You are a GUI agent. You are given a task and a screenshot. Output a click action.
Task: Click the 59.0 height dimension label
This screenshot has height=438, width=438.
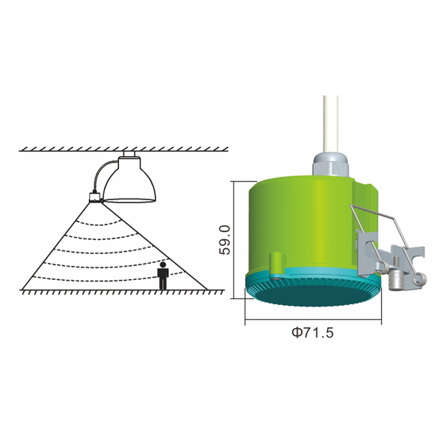225,240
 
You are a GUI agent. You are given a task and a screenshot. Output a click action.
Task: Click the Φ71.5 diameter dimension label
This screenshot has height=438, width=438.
312,332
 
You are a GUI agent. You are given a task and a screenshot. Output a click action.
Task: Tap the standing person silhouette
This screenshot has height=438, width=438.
162,276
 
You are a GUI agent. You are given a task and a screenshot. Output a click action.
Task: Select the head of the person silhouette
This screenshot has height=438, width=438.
162,264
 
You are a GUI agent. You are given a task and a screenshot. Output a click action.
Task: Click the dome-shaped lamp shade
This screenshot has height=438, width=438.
129,182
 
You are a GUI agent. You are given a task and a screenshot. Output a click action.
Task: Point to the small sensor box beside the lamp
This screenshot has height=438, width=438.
95,197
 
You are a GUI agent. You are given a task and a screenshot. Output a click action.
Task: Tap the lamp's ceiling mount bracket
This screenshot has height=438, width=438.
129,154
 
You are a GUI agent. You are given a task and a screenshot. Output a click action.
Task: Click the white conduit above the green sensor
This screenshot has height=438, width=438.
331,124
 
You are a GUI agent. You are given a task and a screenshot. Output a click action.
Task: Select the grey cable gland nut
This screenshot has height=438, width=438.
331,165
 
